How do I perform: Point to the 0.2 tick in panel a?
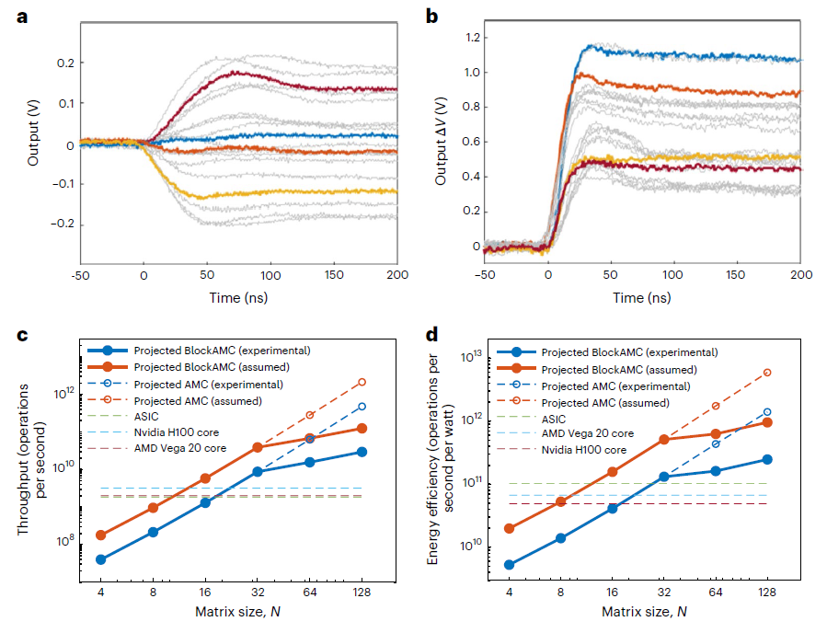[63, 63]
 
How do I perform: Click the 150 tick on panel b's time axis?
[738, 274]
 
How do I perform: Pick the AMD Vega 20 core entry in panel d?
[587, 433]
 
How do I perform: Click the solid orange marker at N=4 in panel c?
[100, 535]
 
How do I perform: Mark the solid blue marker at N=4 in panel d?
[510, 565]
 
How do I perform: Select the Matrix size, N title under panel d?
[637, 612]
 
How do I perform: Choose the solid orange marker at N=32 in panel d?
[663, 440]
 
